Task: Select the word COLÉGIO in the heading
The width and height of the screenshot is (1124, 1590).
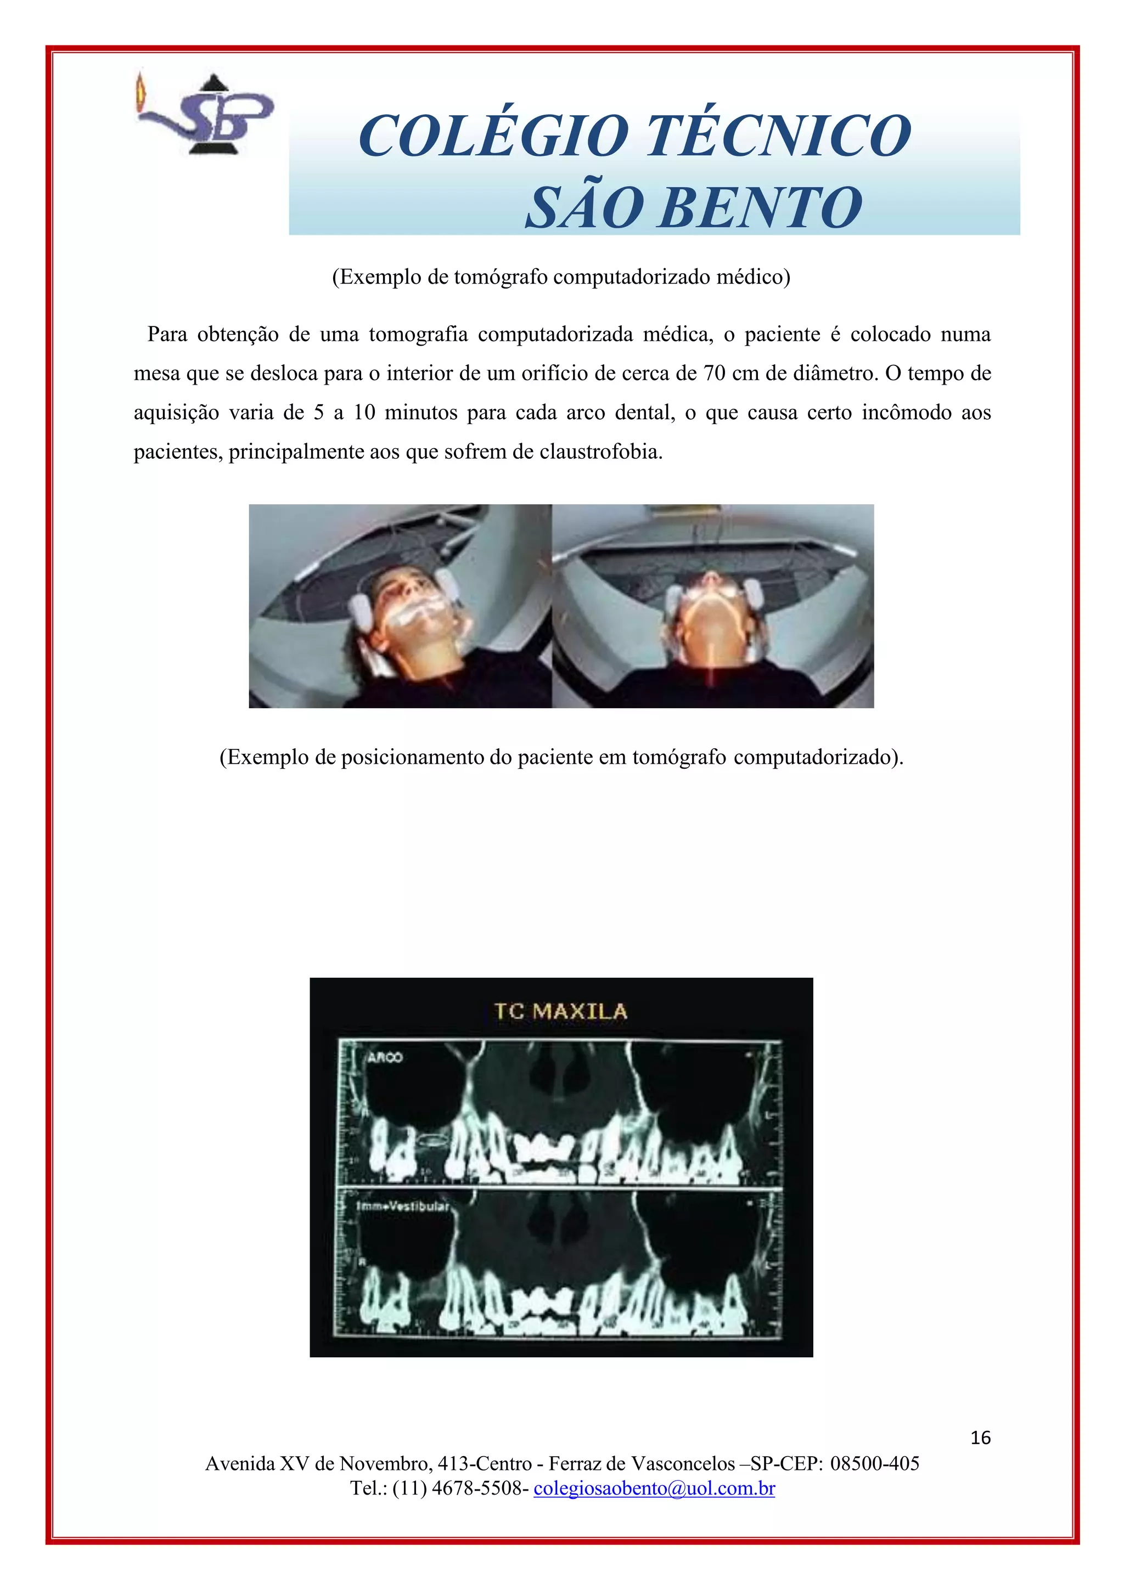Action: (x=492, y=136)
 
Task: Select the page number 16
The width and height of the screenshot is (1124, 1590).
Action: (x=980, y=1437)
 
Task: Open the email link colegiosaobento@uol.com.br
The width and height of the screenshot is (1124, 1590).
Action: (x=654, y=1487)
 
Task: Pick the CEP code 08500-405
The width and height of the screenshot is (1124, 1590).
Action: (x=875, y=1463)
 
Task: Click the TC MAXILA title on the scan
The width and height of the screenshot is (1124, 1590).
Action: (x=561, y=1012)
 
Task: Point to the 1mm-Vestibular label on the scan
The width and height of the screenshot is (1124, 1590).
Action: (x=402, y=1206)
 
